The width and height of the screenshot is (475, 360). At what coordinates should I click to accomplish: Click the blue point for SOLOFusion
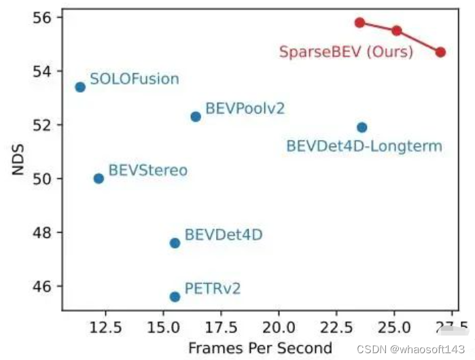[80, 87]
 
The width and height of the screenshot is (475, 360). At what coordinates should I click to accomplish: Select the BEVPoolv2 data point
[196, 117]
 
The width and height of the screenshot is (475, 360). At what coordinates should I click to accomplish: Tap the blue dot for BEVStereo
[99, 179]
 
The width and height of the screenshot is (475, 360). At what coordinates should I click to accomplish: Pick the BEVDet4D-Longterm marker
[362, 128]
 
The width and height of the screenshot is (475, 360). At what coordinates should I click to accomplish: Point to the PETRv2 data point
[175, 297]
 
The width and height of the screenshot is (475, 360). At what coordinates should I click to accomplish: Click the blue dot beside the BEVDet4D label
[175, 243]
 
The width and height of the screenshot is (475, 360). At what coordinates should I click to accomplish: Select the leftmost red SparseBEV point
[360, 22]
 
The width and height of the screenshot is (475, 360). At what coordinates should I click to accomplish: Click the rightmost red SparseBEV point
[440, 52]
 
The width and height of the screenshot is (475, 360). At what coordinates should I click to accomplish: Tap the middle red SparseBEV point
[397, 31]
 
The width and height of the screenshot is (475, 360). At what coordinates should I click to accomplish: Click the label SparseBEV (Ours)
[346, 52]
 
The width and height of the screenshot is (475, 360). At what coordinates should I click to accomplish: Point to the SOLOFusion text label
[135, 79]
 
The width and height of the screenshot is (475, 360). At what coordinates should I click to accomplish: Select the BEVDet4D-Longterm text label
[364, 146]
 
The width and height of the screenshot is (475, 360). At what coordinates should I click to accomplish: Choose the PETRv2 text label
[213, 289]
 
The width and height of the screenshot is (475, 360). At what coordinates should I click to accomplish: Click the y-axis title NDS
[17, 165]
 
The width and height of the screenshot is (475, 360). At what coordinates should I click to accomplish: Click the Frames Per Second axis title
[260, 348]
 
